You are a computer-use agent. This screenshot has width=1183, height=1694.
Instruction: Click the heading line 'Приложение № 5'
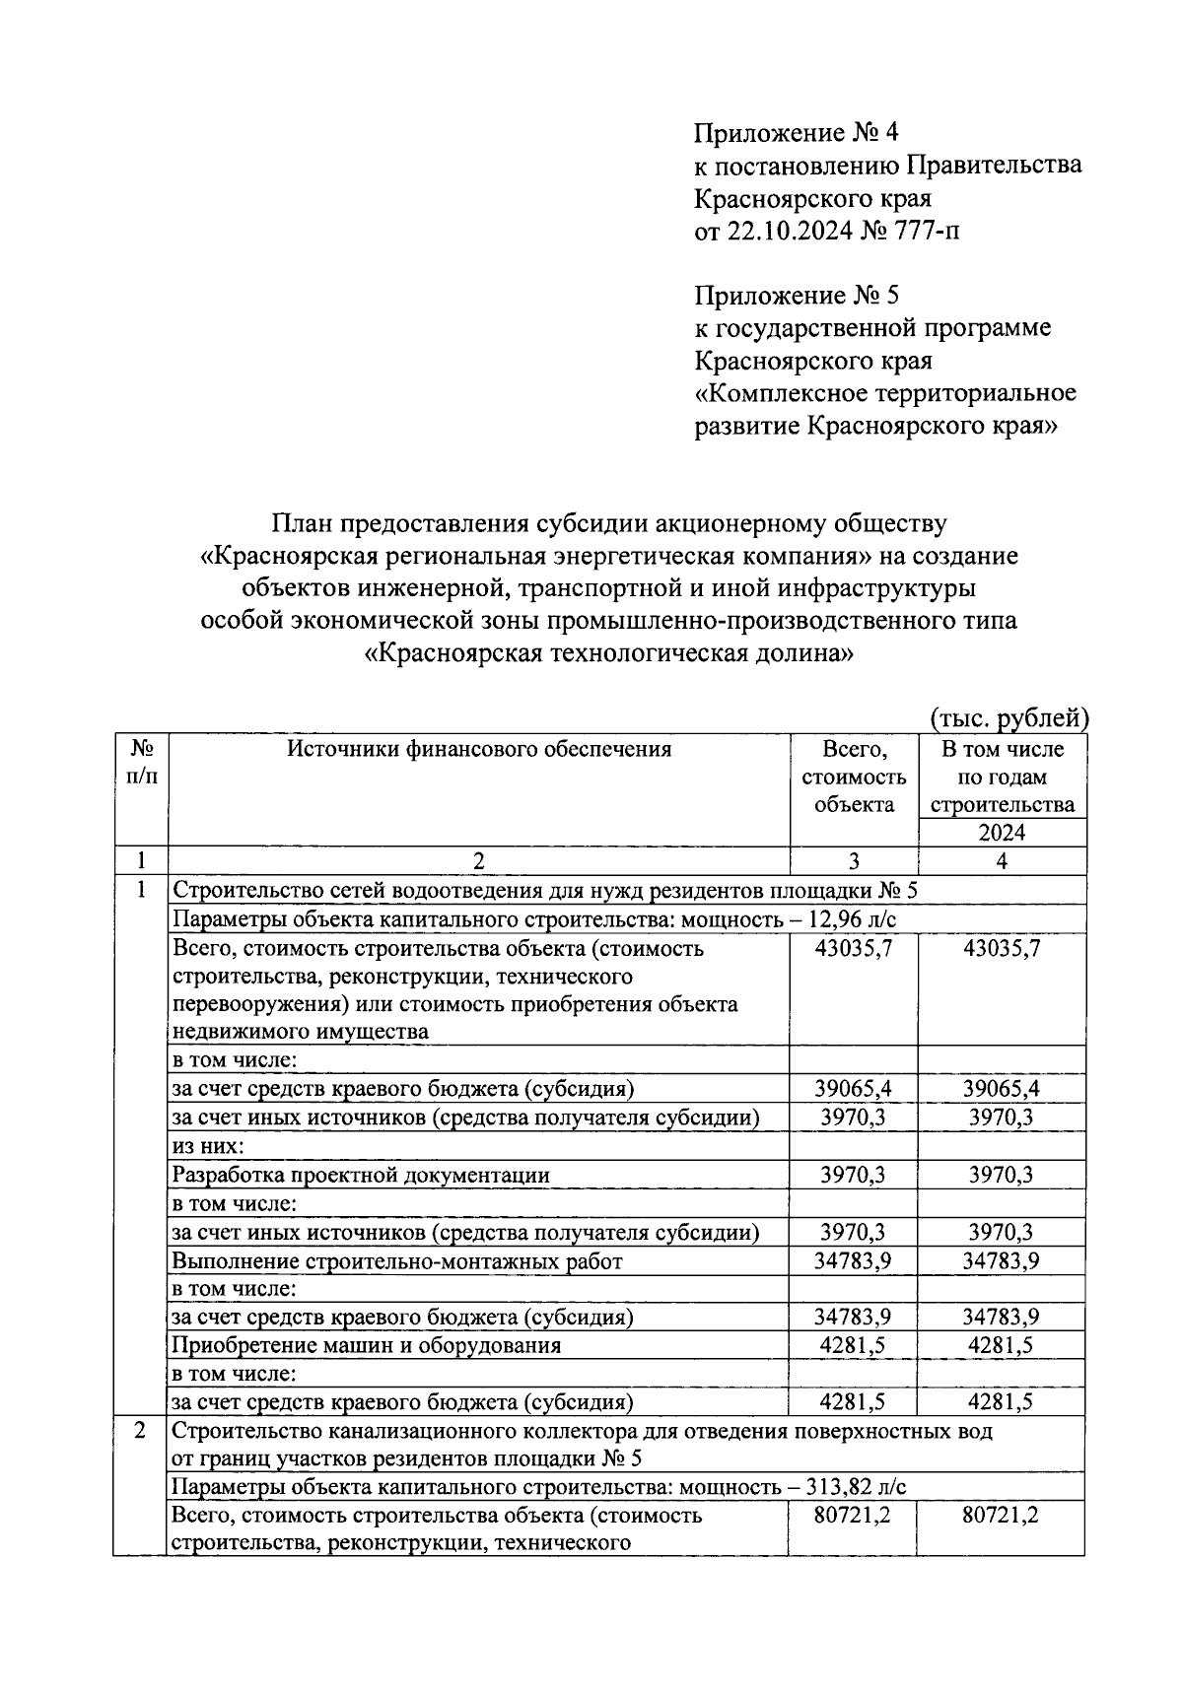click(x=797, y=296)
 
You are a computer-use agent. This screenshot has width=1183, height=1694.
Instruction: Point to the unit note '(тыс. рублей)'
click(x=1009, y=719)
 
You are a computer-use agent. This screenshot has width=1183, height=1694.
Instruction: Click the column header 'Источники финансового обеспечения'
click(x=479, y=749)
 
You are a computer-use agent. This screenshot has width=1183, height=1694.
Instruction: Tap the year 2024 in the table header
click(x=1002, y=833)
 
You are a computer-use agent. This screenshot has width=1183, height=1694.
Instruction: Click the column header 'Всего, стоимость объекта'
click(x=854, y=777)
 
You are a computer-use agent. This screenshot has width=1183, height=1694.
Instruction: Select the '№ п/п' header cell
click(x=141, y=763)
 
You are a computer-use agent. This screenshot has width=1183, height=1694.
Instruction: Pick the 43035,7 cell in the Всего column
click(x=854, y=948)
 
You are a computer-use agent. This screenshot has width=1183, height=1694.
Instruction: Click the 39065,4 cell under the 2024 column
click(x=1002, y=1089)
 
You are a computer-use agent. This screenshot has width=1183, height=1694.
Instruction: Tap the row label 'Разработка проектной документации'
click(x=361, y=1175)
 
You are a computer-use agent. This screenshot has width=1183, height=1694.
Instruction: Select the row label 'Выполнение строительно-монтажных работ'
click(x=397, y=1260)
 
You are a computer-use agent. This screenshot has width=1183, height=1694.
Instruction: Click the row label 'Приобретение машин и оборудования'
click(x=367, y=1345)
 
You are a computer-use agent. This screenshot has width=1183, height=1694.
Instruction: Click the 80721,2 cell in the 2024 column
click(x=1002, y=1516)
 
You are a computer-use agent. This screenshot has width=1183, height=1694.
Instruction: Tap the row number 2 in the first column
click(x=141, y=1431)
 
